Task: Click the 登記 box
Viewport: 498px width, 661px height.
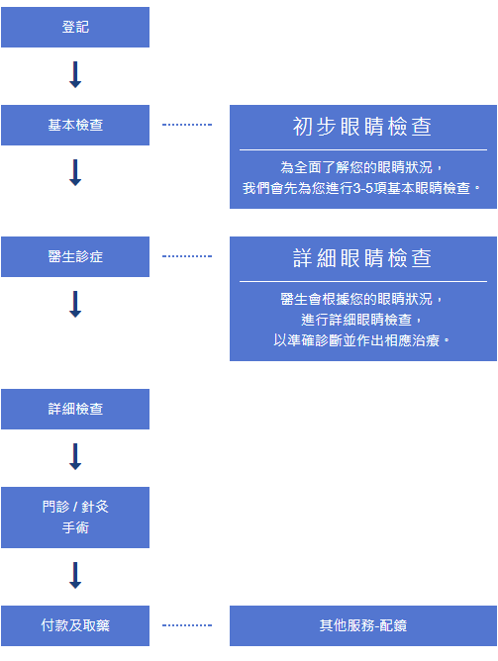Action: (75, 27)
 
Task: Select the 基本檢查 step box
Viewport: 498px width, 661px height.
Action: (75, 126)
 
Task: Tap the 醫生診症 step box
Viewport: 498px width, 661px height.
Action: (75, 256)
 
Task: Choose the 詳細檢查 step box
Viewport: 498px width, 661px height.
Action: (75, 409)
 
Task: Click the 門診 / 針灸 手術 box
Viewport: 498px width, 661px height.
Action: (75, 518)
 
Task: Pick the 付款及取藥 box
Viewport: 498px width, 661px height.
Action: (75, 625)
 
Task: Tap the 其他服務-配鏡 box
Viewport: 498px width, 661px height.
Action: (363, 625)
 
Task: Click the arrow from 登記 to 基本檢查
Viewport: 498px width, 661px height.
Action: (75, 74)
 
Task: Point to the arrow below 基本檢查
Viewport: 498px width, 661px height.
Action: (75, 172)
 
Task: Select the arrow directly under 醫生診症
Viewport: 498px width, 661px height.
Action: (75, 304)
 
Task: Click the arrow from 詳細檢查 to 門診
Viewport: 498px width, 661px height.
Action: (75, 456)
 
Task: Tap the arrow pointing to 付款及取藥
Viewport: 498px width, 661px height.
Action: (75, 576)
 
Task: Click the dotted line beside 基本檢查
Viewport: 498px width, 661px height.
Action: (187, 125)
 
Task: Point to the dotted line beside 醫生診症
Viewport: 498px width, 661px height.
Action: (187, 256)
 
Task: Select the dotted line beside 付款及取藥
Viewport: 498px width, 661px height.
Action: (187, 625)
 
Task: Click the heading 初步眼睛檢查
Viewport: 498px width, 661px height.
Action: (362, 127)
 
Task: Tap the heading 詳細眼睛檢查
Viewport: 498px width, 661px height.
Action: (362, 258)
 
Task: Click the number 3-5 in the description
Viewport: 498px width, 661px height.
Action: (363, 188)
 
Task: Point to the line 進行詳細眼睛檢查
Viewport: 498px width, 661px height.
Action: (356, 320)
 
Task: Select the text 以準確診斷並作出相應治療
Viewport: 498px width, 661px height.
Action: (356, 340)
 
